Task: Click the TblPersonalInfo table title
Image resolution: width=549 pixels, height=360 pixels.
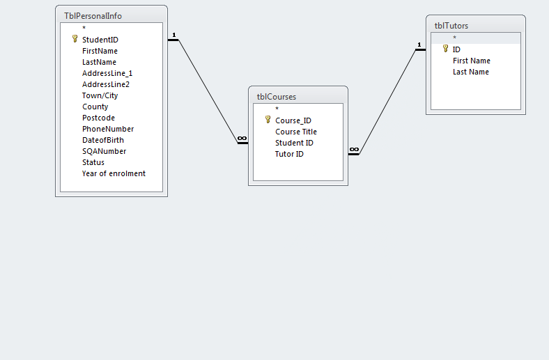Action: (x=93, y=15)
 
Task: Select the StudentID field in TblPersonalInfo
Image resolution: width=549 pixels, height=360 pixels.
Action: (x=100, y=40)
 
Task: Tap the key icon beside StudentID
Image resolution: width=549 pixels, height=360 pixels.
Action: (x=75, y=40)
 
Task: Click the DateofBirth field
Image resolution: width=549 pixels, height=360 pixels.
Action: (x=102, y=140)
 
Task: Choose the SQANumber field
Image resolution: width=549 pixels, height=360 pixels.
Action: (x=104, y=151)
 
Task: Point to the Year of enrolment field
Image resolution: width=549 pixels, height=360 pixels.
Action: (x=114, y=173)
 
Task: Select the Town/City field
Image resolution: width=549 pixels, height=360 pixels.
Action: (x=100, y=95)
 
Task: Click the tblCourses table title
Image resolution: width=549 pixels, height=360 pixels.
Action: (x=277, y=97)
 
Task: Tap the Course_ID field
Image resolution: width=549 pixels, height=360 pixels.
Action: (x=293, y=120)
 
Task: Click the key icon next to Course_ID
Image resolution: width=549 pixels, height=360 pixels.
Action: (x=268, y=120)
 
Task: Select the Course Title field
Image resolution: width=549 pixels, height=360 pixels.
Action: (x=295, y=132)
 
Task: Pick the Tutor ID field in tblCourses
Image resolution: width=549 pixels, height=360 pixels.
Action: (x=289, y=154)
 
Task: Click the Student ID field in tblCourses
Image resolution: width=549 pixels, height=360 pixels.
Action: (x=294, y=143)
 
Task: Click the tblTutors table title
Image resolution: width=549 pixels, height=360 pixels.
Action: (x=451, y=26)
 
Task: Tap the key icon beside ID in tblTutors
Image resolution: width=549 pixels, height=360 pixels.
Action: (x=445, y=49)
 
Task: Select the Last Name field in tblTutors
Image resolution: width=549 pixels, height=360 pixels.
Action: (x=470, y=72)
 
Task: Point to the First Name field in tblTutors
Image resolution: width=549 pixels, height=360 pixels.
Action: (x=471, y=61)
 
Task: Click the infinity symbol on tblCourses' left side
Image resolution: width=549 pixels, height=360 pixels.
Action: (x=242, y=139)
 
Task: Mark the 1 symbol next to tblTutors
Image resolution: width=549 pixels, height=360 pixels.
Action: (x=419, y=46)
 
